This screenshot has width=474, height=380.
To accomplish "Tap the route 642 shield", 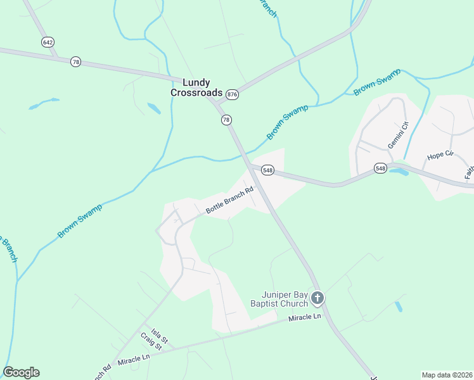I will click(48, 42).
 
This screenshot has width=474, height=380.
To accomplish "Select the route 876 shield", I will click(232, 94).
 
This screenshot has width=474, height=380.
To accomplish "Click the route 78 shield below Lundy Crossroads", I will click(226, 120).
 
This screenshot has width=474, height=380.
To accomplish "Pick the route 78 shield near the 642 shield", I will click(76, 61).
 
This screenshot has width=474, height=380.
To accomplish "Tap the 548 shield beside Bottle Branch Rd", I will click(267, 170).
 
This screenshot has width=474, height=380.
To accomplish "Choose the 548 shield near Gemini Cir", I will click(380, 168).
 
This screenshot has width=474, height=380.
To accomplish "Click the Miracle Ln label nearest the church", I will click(305, 317).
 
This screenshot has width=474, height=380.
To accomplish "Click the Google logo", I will click(21, 372).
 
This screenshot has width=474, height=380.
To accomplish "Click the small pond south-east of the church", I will click(398, 307).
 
